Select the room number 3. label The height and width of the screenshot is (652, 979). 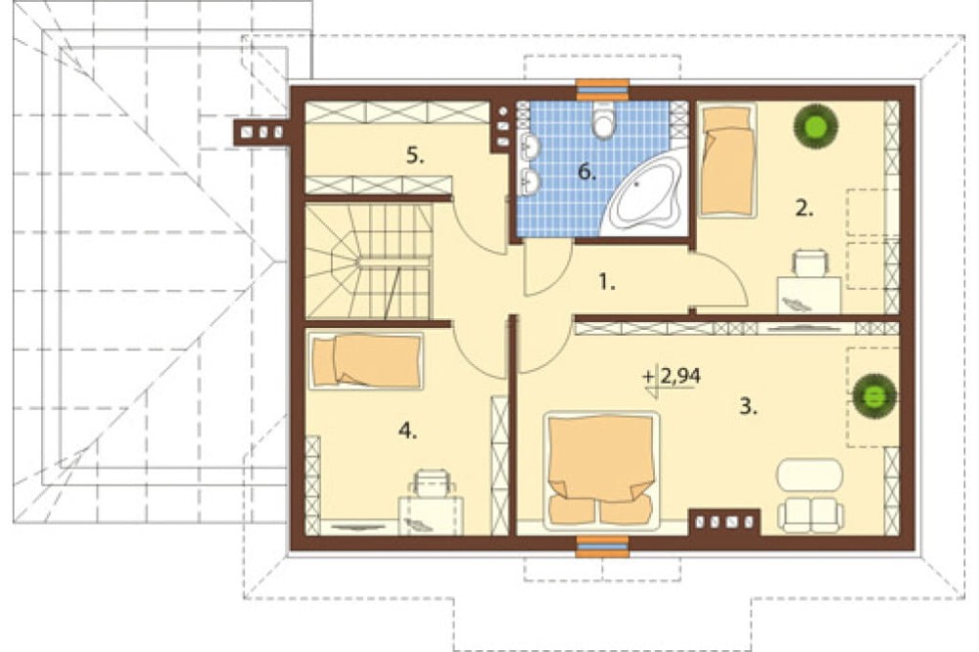click(748, 407)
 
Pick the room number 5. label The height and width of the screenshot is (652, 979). click(414, 155)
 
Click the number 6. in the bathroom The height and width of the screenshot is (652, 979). click(586, 171)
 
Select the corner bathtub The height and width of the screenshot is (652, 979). click(643, 194)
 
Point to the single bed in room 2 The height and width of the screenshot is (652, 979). click(726, 161)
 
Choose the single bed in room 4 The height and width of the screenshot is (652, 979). click(366, 361)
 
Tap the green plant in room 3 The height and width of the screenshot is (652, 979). click(874, 395)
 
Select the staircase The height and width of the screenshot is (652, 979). click(368, 261)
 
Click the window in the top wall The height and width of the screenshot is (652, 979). click(602, 89)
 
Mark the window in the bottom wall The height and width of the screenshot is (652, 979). click(602, 546)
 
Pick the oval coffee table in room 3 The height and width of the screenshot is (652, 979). click(810, 475)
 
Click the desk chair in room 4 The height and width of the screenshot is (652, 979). click(431, 482)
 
